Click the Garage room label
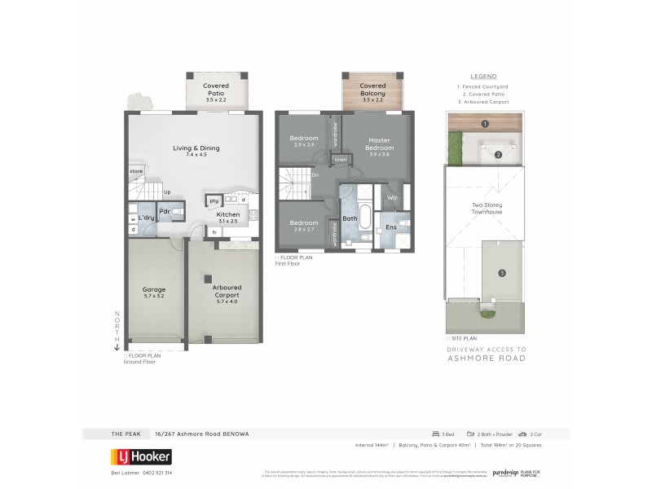(153, 293)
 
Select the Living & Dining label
(196, 151)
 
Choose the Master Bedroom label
(381, 143)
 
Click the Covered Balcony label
(372, 90)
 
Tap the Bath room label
(350, 218)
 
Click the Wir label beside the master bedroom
(391, 198)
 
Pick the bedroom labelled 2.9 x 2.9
(303, 141)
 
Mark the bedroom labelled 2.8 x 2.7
(303, 226)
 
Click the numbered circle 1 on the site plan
(484, 124)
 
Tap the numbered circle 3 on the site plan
(502, 272)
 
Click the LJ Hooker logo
(141, 456)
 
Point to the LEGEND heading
(484, 77)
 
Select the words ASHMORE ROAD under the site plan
(487, 358)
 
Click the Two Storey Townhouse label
(487, 209)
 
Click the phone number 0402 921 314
(154, 472)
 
